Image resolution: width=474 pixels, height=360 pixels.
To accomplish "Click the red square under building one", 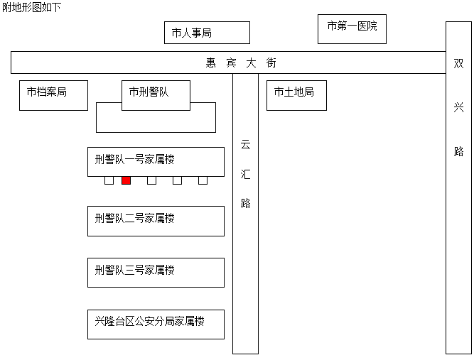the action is (x=126, y=180).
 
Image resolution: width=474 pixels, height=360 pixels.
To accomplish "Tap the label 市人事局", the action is (x=192, y=33).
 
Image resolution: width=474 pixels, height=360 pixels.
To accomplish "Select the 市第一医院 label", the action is (x=352, y=26).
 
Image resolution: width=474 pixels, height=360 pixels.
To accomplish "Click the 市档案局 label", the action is (x=47, y=92).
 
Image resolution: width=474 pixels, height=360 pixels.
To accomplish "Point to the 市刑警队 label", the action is (x=149, y=92).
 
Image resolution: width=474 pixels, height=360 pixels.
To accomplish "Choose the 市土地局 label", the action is (x=293, y=92).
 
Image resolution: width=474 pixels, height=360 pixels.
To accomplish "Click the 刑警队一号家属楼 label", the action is (x=134, y=159).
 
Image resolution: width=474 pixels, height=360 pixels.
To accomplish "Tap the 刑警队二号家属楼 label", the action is (x=134, y=218).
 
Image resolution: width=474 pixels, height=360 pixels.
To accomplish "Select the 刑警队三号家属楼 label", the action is (x=134, y=270).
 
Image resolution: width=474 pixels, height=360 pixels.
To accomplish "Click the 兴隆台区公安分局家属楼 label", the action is (x=149, y=321).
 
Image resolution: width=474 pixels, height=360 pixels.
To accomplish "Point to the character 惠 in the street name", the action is (x=211, y=62).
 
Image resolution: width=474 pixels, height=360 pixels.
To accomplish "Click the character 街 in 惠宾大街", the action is (x=271, y=62).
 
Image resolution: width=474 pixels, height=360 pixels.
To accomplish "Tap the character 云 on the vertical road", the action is (x=245, y=145).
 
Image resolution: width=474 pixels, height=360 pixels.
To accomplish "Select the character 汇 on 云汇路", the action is (x=245, y=174).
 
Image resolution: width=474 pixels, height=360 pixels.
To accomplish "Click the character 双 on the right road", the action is (x=458, y=63).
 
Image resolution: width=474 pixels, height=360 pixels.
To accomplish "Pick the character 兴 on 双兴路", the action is (x=458, y=107).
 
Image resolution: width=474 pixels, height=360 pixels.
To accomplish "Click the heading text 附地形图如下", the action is (x=31, y=7).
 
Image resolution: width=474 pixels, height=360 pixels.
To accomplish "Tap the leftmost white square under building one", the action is (x=109, y=180).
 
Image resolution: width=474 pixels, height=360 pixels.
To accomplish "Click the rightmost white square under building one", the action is (x=203, y=180).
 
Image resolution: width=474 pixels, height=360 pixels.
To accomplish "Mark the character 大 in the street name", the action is (x=251, y=62).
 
